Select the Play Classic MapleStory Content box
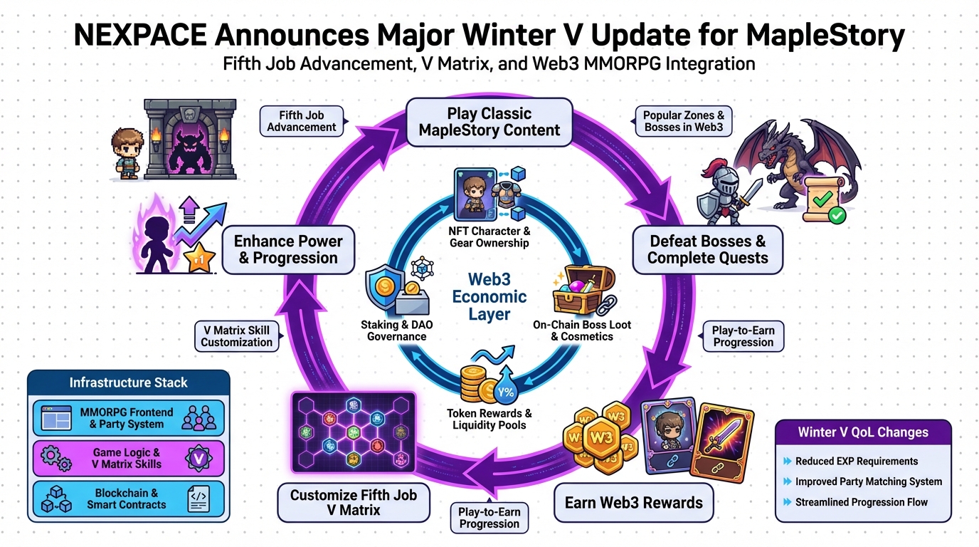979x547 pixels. [489, 122]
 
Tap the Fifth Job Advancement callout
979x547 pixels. [302, 121]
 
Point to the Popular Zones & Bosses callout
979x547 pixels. [684, 121]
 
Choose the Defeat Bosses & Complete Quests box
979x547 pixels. [707, 249]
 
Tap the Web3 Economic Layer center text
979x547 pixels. [489, 296]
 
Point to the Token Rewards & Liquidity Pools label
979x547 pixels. [489, 419]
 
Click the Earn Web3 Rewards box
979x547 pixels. [633, 502]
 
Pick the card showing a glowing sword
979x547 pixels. [721, 439]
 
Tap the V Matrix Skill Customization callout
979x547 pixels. [236, 336]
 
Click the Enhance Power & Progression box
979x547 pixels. [288, 249]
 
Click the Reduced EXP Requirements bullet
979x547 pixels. [857, 461]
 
